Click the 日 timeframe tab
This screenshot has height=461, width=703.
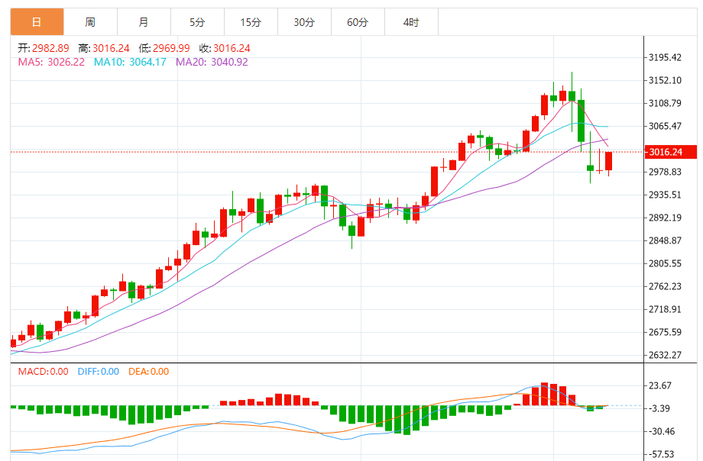(x=37, y=22)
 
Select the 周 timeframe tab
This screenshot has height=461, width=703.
(x=90, y=22)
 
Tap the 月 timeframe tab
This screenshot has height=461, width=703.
(x=144, y=22)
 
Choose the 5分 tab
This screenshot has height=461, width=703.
(x=197, y=22)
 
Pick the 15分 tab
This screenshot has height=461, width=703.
(x=251, y=22)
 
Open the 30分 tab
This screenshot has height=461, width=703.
(x=304, y=22)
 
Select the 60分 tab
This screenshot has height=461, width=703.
(x=358, y=22)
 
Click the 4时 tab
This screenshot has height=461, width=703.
(x=411, y=22)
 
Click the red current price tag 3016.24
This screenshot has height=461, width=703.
(x=669, y=152)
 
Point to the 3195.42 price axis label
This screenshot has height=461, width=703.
(x=664, y=57)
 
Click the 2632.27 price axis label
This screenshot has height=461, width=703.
(x=664, y=355)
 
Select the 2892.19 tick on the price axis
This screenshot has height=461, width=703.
(x=664, y=218)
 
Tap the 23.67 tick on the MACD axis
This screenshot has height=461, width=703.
(x=662, y=385)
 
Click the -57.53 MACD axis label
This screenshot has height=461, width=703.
(x=662, y=454)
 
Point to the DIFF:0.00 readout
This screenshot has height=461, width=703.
(x=97, y=372)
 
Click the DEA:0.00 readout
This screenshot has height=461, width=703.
(x=149, y=372)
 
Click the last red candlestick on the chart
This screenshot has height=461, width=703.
(x=609, y=161)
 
